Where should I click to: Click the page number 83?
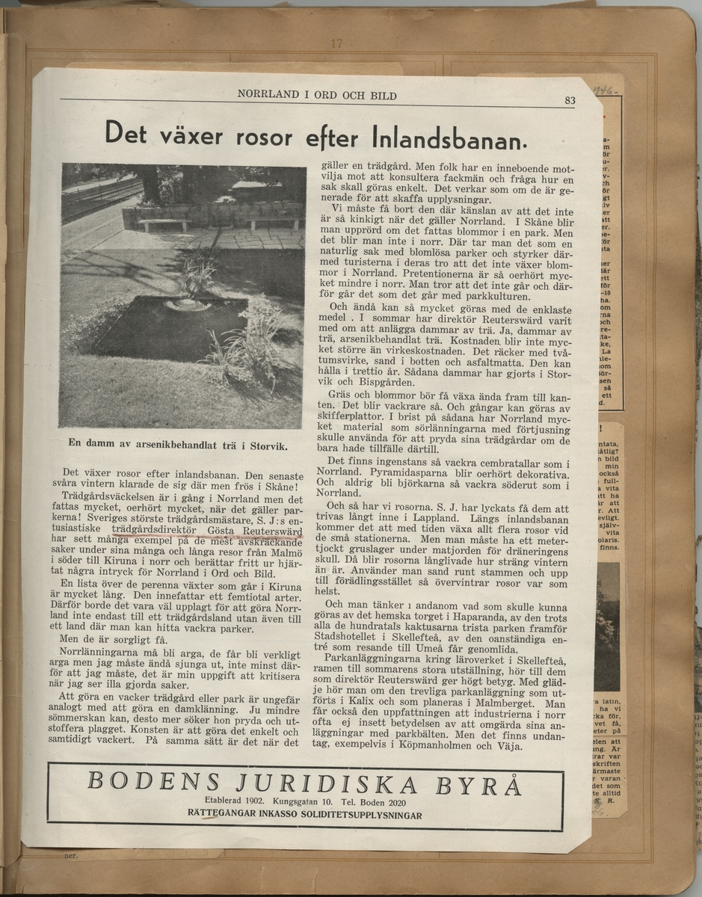(570, 101)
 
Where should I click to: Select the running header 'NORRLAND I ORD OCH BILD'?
(317, 96)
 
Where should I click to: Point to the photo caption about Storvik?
(178, 443)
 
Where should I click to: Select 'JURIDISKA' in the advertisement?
(324, 785)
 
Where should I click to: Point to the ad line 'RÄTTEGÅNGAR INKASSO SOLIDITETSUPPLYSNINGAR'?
(304, 814)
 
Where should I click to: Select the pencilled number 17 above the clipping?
(336, 44)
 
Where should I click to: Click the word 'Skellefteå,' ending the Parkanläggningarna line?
(540, 653)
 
